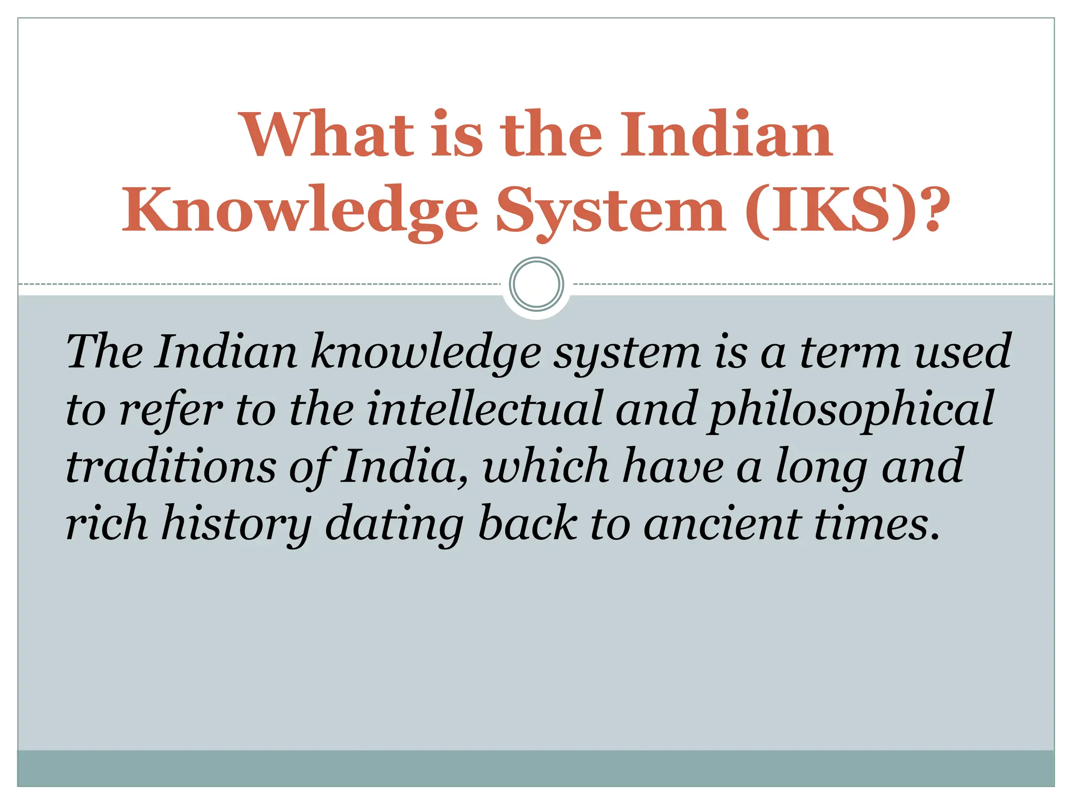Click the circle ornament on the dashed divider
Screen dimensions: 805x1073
point(536,284)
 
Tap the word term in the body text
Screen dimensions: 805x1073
point(851,352)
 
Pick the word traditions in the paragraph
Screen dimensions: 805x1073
point(170,466)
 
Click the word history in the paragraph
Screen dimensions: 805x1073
point(236,524)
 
